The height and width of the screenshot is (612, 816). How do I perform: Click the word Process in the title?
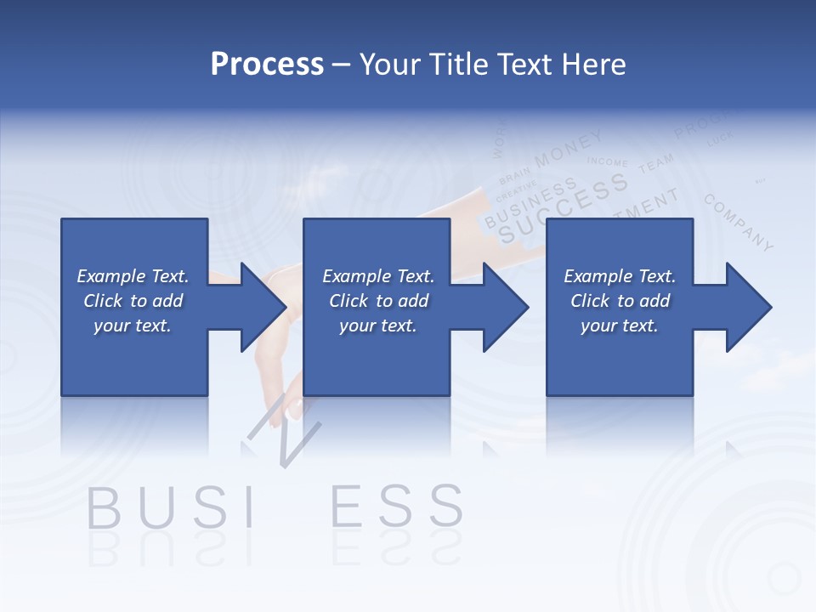point(267,65)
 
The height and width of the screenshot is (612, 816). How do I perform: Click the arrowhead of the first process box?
point(263,307)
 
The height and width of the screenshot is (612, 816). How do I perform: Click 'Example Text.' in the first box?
point(133,276)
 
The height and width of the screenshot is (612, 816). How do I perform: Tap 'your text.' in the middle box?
point(377,326)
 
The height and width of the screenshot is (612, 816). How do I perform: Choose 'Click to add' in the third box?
point(620,301)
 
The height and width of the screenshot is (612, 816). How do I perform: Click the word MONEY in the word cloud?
point(569,147)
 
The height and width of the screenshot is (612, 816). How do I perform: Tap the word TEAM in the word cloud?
point(655,163)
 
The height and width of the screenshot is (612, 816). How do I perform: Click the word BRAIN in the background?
point(515,175)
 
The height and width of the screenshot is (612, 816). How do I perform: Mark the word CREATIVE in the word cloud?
point(516,190)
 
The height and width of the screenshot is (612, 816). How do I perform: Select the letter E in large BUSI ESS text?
point(347,507)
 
